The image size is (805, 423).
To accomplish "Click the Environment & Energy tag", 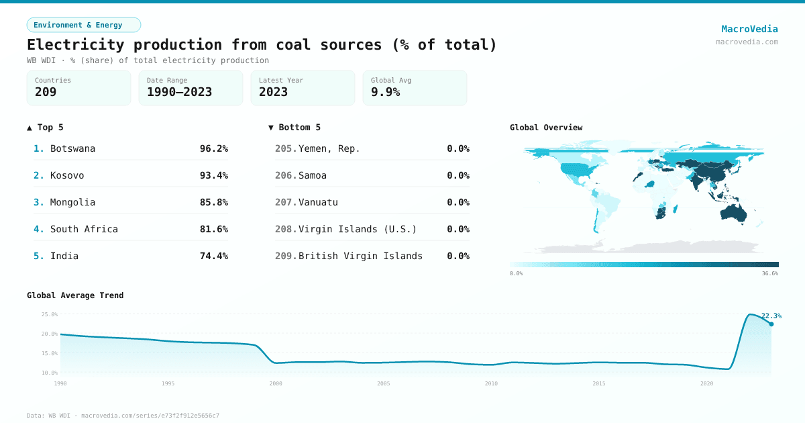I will point(83,25).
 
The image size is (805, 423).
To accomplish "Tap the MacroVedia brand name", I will point(749,29).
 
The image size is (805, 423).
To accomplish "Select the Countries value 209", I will point(46,93).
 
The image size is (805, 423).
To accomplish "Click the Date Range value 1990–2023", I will point(179,93).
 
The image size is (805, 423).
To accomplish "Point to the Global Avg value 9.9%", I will point(385,93).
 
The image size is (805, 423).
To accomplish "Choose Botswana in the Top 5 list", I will point(72,148).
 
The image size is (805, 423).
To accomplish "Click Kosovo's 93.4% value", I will point(213,175).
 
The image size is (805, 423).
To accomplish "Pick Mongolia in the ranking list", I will point(72,202).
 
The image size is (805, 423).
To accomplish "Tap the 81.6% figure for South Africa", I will point(213,229).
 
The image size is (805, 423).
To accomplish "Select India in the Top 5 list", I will point(64,256).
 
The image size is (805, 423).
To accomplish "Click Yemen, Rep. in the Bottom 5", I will point(329,148).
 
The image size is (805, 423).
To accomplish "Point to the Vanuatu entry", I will point(318,202).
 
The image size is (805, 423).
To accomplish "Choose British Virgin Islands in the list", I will point(360,256).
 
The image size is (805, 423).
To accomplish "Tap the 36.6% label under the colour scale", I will point(769,273).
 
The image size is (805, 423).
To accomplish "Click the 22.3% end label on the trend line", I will point(771,316).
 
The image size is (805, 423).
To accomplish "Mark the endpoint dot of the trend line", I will point(771,324).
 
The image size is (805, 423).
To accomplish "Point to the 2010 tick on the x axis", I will point(491,383).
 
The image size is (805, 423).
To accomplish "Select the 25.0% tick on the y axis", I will point(49,314).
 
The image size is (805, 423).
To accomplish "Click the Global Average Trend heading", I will point(75,295).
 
